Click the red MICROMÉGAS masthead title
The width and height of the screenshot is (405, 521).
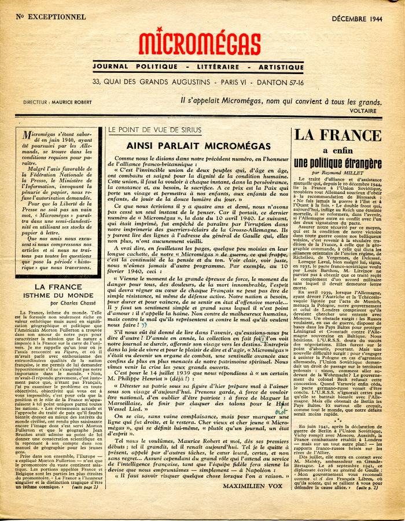tap(200, 44)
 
